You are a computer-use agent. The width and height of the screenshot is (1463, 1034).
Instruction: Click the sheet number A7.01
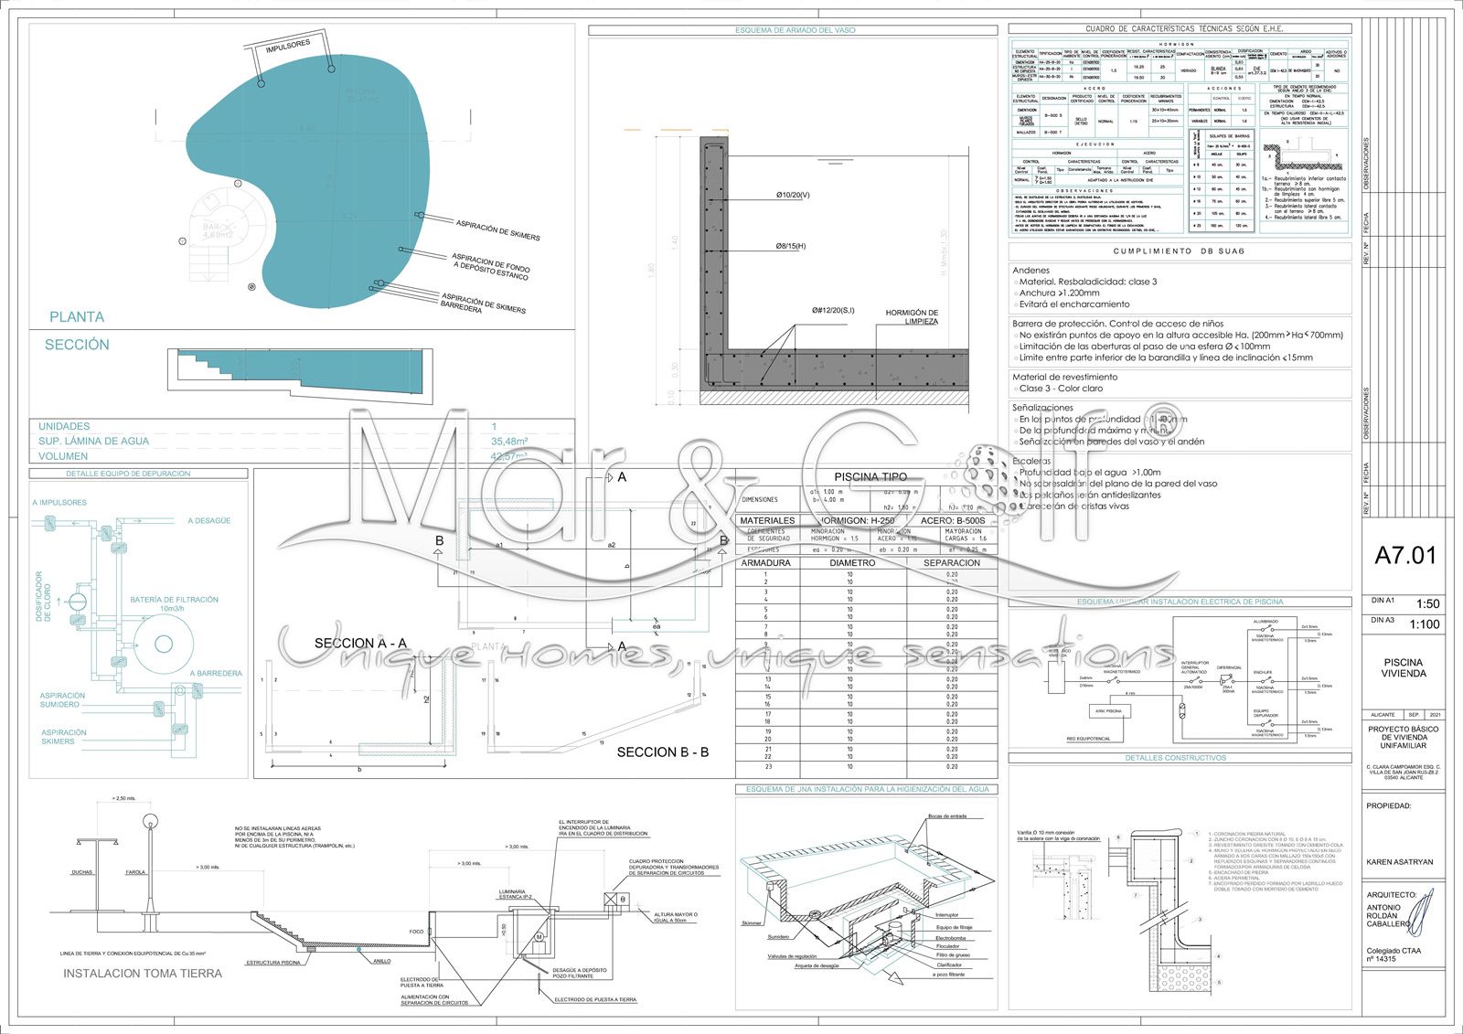tap(1405, 555)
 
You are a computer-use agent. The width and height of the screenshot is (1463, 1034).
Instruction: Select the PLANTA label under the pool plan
tap(77, 317)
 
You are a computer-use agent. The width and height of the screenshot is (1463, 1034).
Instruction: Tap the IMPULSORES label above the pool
tap(288, 46)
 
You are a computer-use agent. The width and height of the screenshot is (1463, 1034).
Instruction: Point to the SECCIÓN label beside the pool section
tap(77, 345)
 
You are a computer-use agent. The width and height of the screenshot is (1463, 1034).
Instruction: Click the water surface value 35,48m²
tap(509, 441)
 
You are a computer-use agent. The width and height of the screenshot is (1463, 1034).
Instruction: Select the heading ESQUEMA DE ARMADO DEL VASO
tap(795, 30)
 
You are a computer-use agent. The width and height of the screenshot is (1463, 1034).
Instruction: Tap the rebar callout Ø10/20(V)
tap(793, 195)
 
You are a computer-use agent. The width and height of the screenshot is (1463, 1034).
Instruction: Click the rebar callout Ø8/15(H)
tap(791, 246)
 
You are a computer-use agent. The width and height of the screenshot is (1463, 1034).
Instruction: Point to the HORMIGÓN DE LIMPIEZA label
tap(912, 317)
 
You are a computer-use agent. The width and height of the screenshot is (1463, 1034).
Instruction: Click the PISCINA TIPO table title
tap(870, 476)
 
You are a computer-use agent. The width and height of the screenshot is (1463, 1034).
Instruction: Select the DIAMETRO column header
tap(852, 563)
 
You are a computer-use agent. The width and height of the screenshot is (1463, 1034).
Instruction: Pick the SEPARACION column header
tap(951, 563)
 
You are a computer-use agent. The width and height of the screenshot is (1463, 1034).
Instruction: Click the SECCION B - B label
tap(663, 752)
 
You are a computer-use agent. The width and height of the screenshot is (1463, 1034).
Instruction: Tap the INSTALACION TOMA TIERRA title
tap(143, 974)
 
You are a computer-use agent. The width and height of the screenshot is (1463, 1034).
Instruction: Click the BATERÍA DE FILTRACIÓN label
tap(174, 600)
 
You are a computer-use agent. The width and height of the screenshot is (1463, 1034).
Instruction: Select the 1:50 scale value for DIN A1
tap(1427, 603)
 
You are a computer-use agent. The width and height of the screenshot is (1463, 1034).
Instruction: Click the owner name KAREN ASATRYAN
tap(1400, 862)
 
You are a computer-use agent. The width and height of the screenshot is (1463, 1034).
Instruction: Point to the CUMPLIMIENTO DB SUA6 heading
tap(1180, 251)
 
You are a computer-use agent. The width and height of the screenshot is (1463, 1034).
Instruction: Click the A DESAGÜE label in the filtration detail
tap(209, 520)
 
